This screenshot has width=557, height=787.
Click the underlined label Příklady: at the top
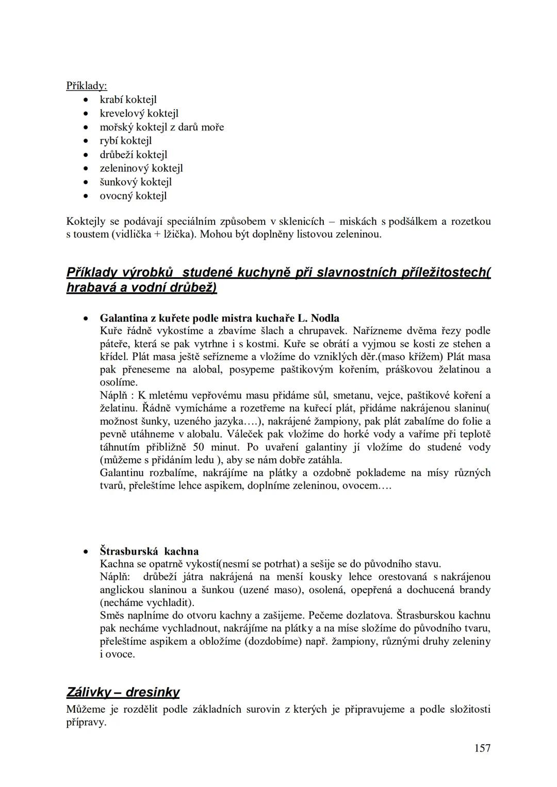86,86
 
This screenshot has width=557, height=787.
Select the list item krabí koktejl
128,99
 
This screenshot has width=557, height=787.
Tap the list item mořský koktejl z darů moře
161,127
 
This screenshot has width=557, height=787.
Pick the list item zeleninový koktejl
141,168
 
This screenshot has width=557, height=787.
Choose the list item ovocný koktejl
133,196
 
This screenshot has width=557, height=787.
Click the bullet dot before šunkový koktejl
88,182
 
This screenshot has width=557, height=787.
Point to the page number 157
482,748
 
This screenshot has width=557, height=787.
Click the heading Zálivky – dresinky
123,692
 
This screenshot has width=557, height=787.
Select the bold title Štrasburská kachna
149,551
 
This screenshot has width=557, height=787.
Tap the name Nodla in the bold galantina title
325,318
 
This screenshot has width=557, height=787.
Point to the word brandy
475,590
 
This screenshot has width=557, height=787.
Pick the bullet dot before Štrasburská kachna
88,551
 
